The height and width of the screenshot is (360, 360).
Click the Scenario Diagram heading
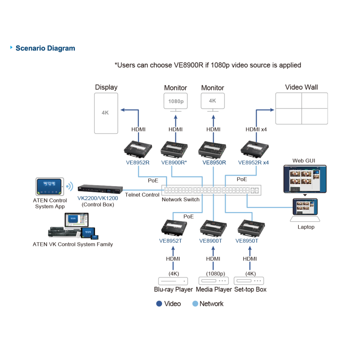pos(45,48)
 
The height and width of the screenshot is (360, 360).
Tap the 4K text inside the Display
pos(105,113)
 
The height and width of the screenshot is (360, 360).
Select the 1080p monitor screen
pos(176,101)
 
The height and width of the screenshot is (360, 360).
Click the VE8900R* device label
pos(174,163)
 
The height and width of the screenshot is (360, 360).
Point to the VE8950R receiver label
pos(214,163)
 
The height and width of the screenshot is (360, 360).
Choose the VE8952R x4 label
pos(253,163)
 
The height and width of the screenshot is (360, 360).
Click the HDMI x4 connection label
pos(256,130)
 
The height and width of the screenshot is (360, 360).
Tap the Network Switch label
pos(180,199)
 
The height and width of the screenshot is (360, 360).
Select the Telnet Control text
pos(142,195)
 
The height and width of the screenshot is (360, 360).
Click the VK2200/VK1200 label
pos(98,198)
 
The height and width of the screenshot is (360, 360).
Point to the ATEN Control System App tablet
pos(50,186)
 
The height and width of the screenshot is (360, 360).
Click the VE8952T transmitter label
pos(170,241)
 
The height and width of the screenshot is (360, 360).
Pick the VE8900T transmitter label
pos(211,241)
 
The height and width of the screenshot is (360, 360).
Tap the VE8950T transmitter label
pos(247,241)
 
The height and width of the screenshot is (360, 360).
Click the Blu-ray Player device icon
pos(173,281)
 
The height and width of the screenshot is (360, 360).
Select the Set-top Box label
pos(250,289)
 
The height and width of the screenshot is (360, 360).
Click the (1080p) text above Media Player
pos(215,274)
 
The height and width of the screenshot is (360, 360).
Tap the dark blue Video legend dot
pos(159,303)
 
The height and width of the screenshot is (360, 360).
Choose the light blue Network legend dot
pos(195,303)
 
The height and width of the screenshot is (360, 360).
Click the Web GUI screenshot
pos(305,179)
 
